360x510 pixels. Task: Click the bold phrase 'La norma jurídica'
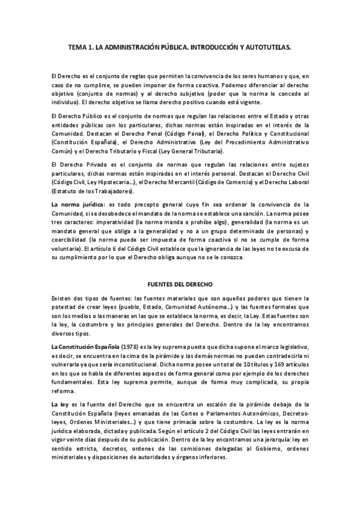75,205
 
